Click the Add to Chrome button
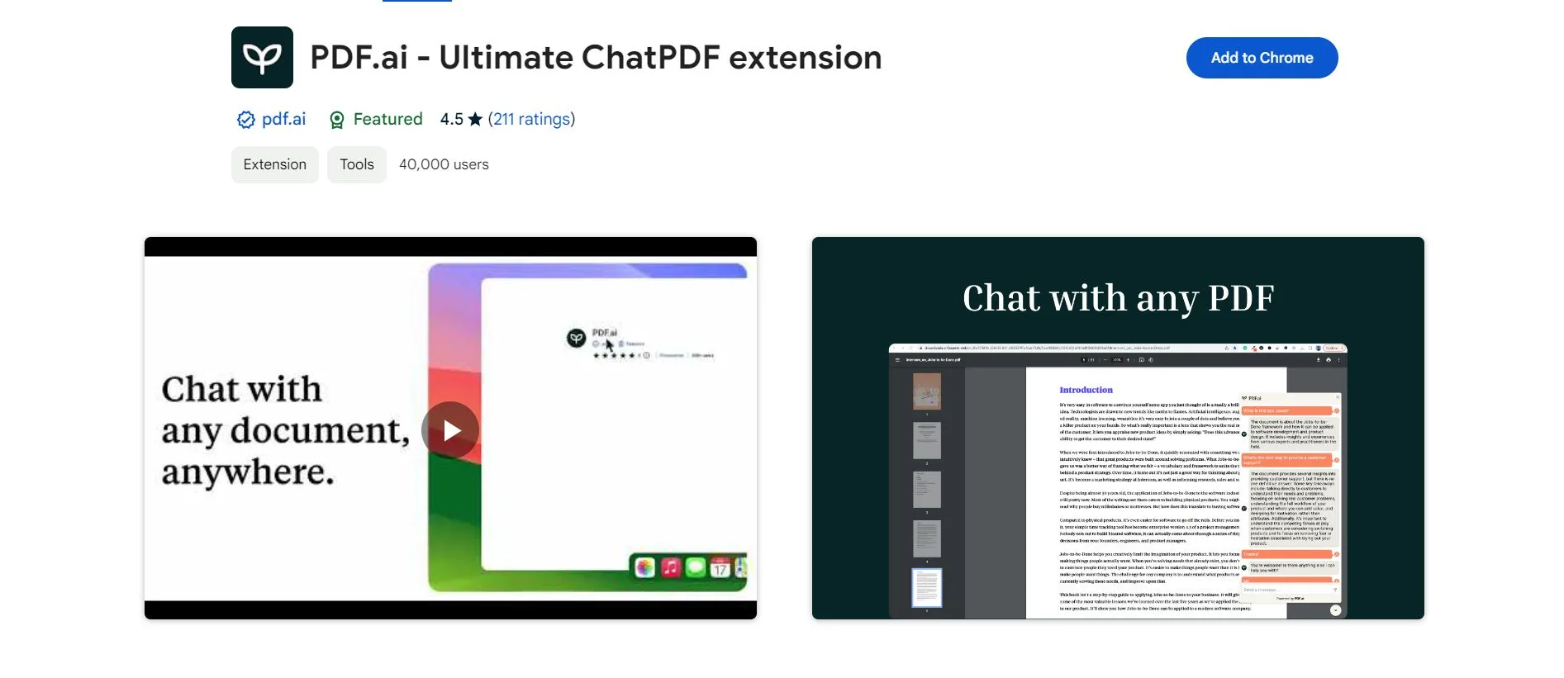tap(1262, 58)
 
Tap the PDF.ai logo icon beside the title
tap(262, 58)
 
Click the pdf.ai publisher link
tap(283, 119)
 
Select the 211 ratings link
tap(531, 119)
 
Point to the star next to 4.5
tap(475, 120)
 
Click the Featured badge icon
tap(337, 120)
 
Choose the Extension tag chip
tap(274, 164)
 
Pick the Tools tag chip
tap(357, 164)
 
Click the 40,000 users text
tap(444, 164)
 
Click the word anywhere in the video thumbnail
tap(248, 472)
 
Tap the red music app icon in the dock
tap(671, 567)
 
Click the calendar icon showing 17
tap(720, 567)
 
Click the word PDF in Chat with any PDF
tap(1241, 298)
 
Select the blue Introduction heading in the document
tap(1086, 390)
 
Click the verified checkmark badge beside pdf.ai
tap(245, 120)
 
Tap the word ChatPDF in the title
tap(649, 58)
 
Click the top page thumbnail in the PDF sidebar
tap(926, 391)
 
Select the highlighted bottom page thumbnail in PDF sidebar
tap(926, 587)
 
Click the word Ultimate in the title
tap(506, 58)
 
